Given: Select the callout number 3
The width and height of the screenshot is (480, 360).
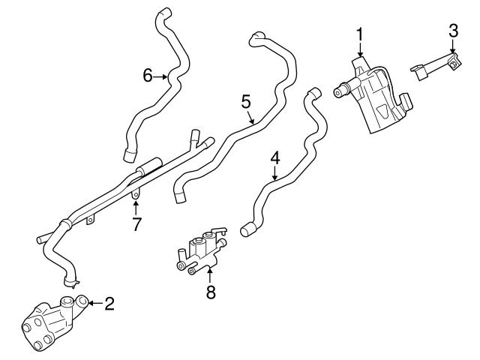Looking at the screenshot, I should tap(453, 31).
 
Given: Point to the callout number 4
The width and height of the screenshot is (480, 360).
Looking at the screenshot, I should tap(275, 158).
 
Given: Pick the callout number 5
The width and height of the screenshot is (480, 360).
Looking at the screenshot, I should tap(246, 101).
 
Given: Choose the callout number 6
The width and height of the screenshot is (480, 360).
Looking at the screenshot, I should tap(148, 75).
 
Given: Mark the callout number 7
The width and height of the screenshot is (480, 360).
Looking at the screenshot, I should tap(136, 224).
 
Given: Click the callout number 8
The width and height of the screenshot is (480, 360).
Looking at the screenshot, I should tap(211, 292).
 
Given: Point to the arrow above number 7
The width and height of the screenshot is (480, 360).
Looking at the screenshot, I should tap(136, 205).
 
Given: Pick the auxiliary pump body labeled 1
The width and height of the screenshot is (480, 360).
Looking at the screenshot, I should tap(379, 97).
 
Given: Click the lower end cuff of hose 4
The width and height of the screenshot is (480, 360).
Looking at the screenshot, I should tap(249, 229).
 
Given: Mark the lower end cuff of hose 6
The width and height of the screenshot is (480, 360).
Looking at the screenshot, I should tap(129, 156).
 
